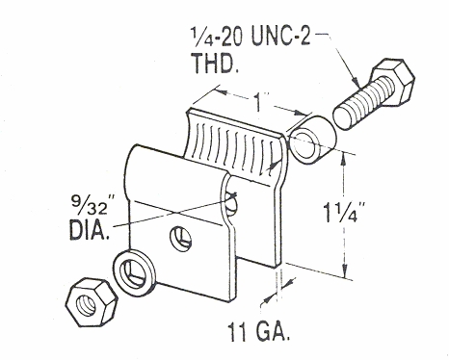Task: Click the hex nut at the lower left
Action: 92,302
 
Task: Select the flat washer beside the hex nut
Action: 134,271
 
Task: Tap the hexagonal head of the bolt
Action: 392,83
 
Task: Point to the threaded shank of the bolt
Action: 362,103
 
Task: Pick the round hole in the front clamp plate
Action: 181,239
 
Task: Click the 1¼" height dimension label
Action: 345,212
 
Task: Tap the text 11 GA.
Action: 259,332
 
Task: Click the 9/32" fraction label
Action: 90,206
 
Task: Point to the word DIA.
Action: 90,229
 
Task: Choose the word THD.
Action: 215,63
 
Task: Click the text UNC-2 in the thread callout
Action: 280,37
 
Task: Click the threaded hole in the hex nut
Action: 87,304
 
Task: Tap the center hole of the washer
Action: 134,272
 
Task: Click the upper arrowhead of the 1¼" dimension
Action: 343,160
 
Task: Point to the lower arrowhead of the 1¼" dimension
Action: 344,270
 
